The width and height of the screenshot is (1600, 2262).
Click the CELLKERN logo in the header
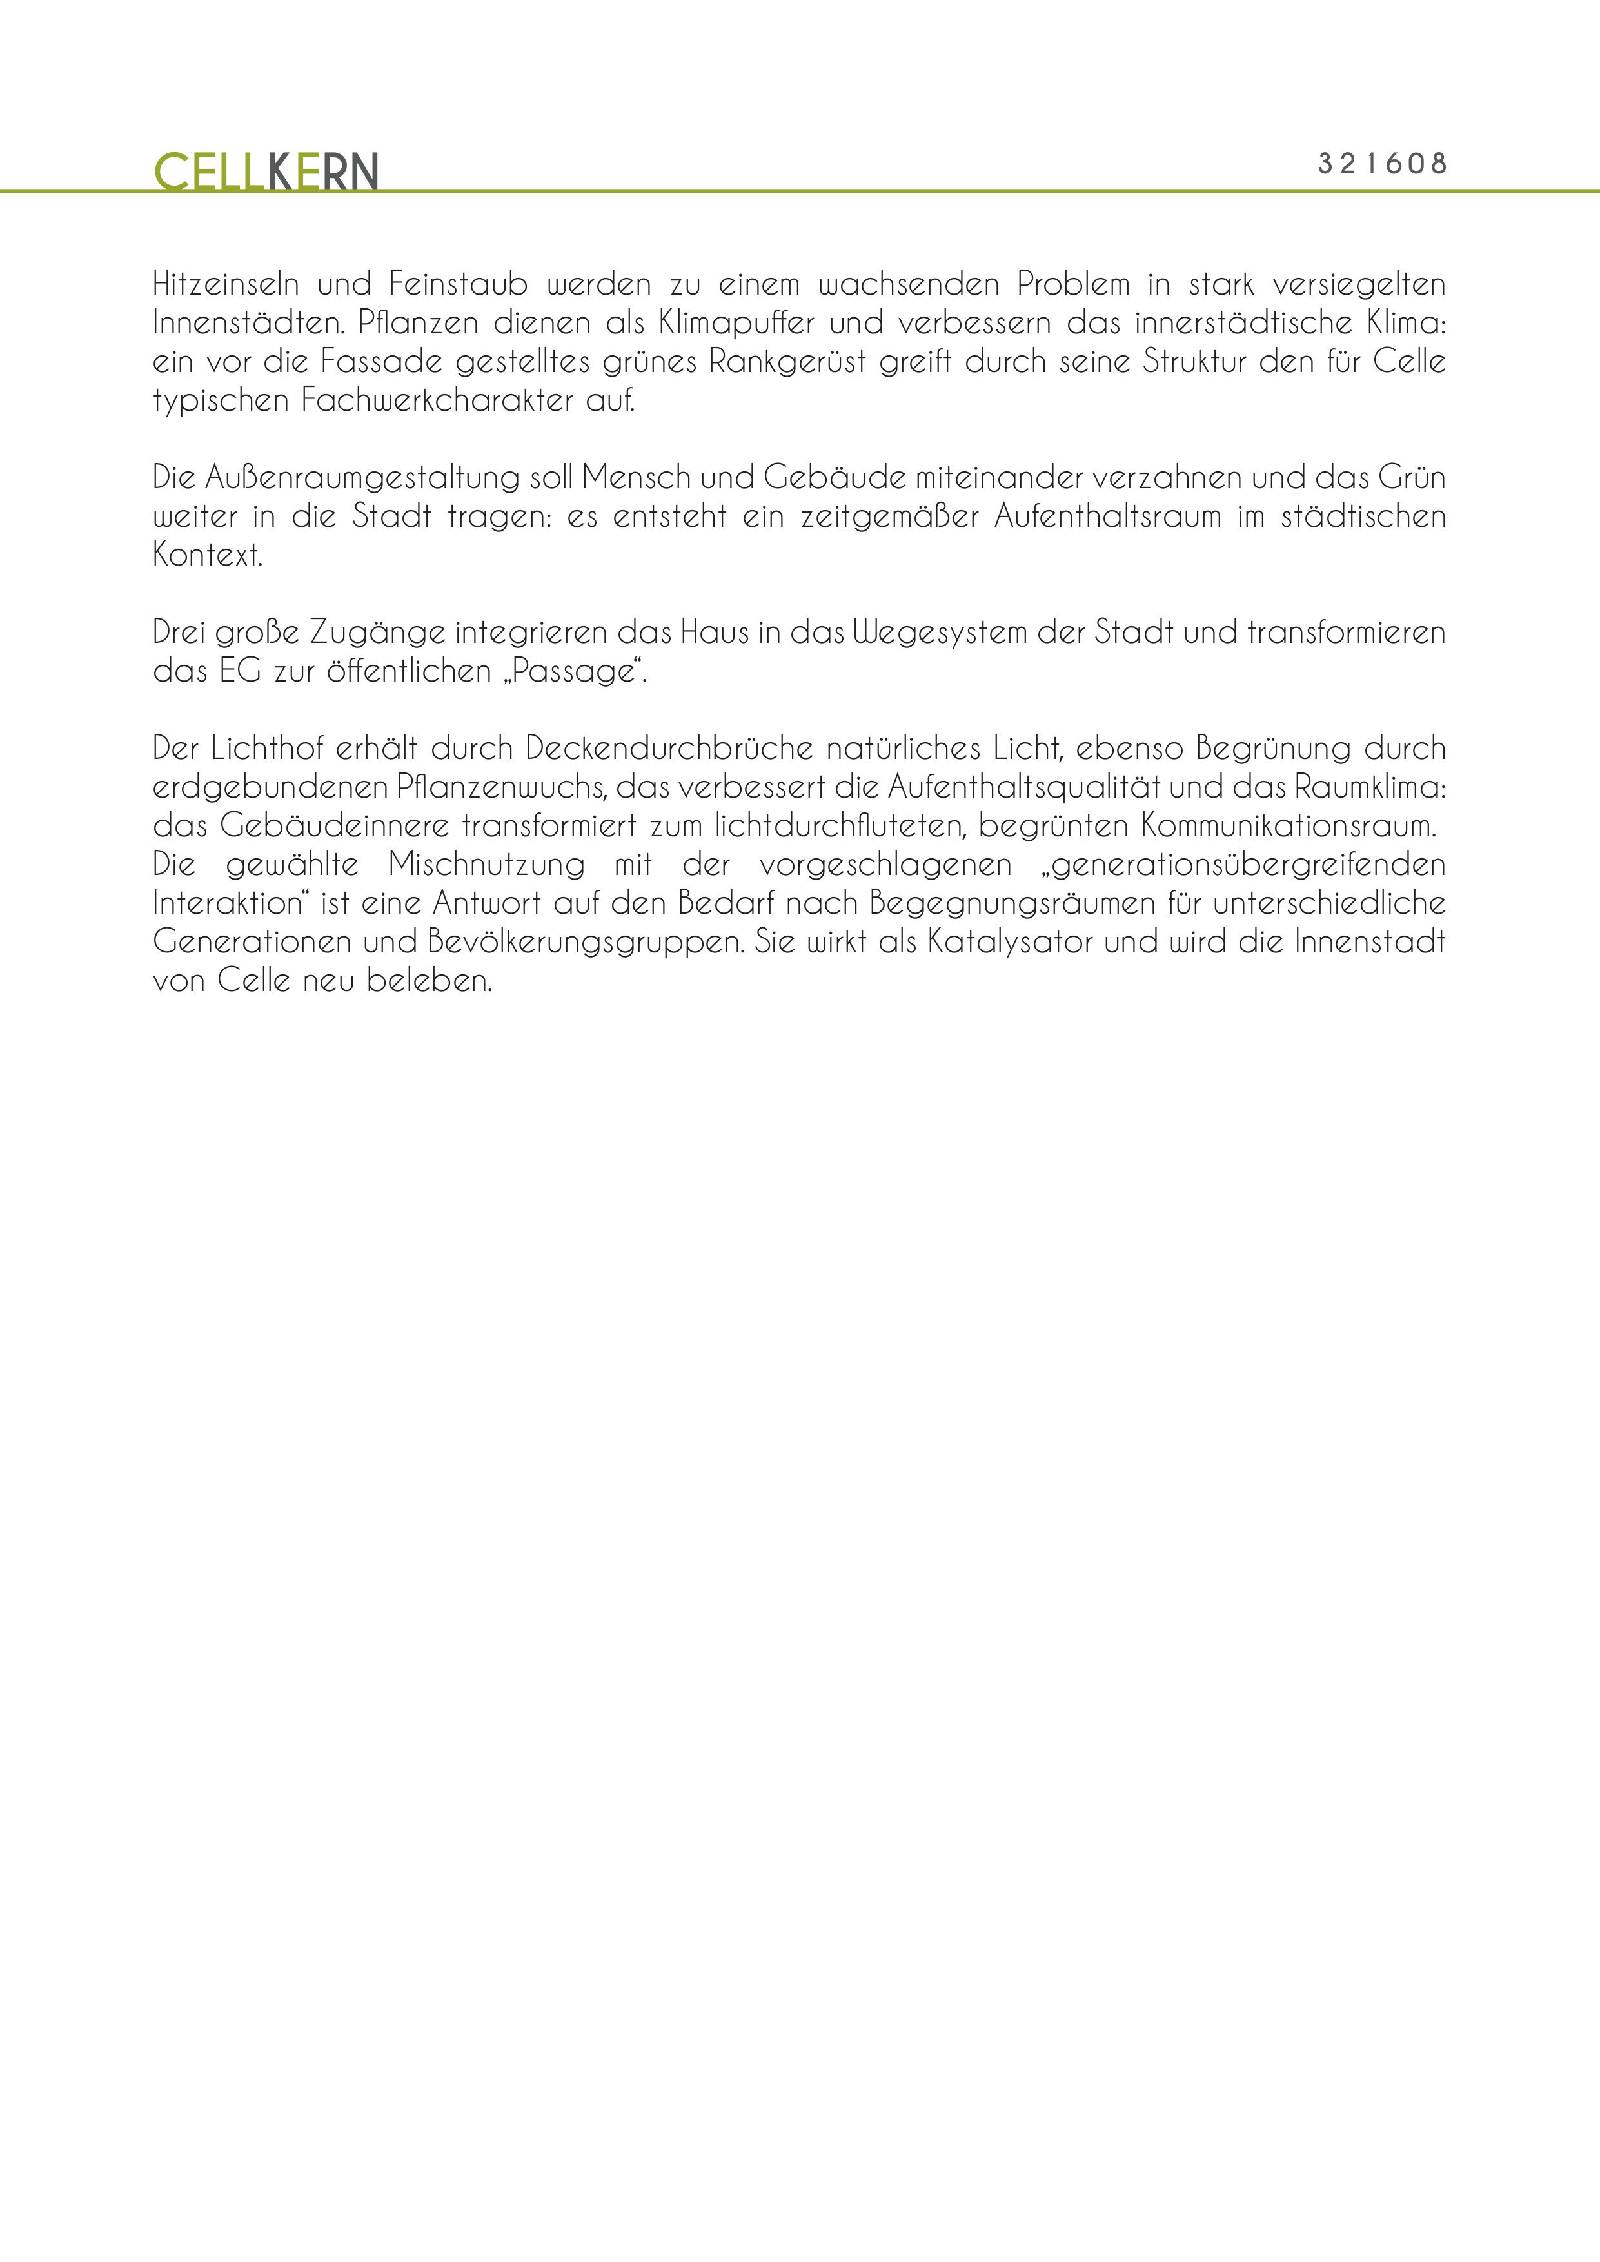tap(266, 172)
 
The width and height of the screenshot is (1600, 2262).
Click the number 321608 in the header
tap(1382, 164)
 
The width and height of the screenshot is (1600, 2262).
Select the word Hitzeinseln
tap(226, 285)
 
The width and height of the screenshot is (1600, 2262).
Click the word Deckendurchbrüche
tap(670, 749)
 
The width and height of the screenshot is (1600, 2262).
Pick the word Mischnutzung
tap(486, 865)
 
